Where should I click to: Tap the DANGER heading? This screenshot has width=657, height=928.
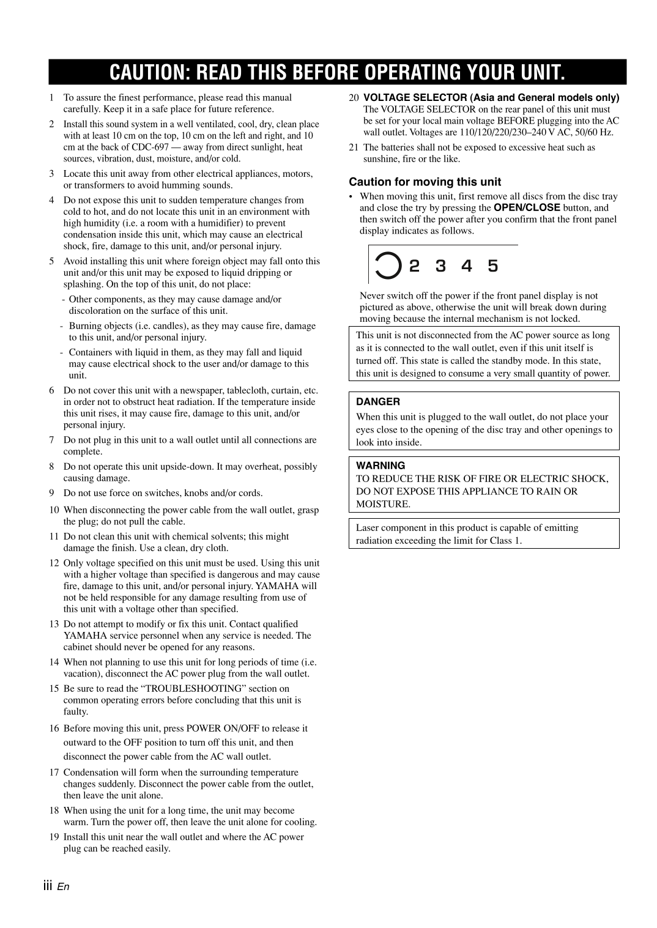click(x=378, y=402)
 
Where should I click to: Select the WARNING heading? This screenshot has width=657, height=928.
click(x=380, y=466)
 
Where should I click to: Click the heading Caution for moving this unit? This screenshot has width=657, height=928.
click(x=425, y=182)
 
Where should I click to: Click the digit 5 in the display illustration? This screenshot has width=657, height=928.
click(x=493, y=266)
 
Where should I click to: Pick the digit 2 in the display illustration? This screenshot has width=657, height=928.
click(x=415, y=266)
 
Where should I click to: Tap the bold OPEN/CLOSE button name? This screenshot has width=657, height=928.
click(x=527, y=208)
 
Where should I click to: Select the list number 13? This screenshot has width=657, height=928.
click(x=54, y=624)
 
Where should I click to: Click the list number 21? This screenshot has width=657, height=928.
click(x=354, y=147)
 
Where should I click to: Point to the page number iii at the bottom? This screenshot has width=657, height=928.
click(x=48, y=886)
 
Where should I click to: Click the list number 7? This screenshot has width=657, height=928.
click(x=52, y=440)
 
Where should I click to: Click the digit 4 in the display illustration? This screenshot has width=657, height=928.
click(x=467, y=266)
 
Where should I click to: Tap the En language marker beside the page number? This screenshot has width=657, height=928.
click(x=64, y=887)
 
